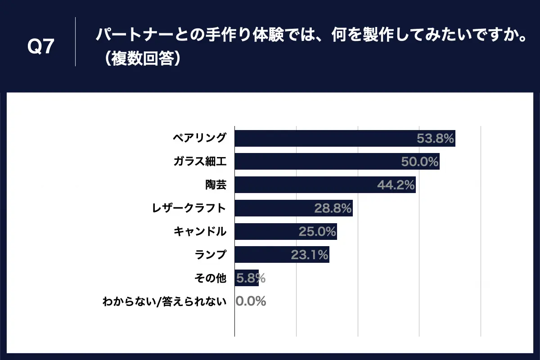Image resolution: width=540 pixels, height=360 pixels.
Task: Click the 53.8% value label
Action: click(435, 138)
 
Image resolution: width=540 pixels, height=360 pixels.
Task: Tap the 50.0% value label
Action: click(420, 162)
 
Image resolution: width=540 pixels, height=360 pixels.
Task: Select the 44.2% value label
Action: click(396, 185)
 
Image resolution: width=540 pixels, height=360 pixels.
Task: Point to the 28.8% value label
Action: click(333, 208)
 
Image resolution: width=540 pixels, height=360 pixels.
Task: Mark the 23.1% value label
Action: click(310, 255)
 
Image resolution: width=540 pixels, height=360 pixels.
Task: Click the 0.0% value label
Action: click(251, 301)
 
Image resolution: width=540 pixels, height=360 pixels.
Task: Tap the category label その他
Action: click(210, 279)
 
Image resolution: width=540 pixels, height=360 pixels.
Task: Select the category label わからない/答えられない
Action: click(164, 301)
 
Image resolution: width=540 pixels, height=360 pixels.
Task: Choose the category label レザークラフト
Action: click(189, 208)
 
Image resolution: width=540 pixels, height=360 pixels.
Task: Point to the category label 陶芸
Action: click(216, 185)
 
